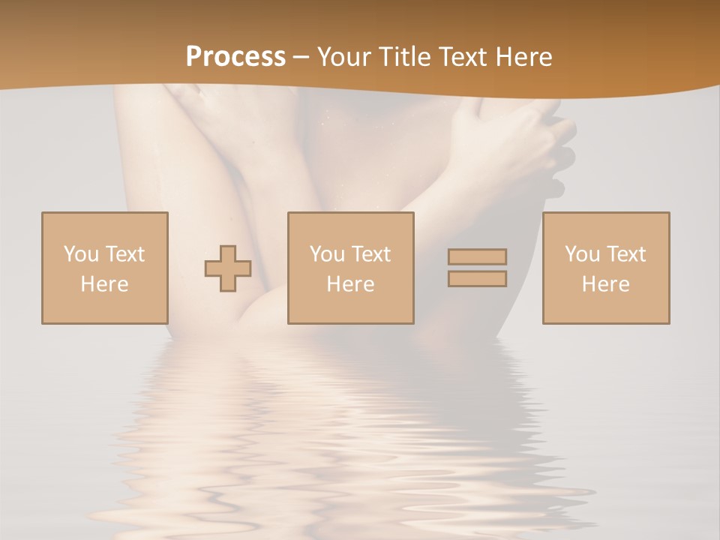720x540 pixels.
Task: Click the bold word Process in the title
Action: pyautogui.click(x=235, y=57)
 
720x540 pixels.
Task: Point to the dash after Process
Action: pyautogui.click(x=301, y=58)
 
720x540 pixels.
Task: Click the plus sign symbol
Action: pyautogui.click(x=228, y=268)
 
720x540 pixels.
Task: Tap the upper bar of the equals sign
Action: pyautogui.click(x=477, y=256)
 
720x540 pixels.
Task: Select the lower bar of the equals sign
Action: pyautogui.click(x=477, y=278)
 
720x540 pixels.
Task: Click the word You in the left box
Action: pyautogui.click(x=81, y=254)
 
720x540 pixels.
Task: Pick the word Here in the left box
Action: pyautogui.click(x=104, y=284)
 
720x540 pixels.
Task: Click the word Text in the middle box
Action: pyautogui.click(x=370, y=254)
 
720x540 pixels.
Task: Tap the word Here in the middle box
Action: pyautogui.click(x=350, y=284)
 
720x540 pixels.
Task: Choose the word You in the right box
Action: pyautogui.click(x=582, y=254)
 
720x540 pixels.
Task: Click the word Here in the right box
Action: pyautogui.click(x=605, y=284)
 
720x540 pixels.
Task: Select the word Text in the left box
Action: pyautogui.click(x=124, y=254)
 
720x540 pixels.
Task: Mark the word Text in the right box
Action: pyautogui.click(x=625, y=254)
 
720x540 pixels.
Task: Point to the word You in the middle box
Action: pyautogui.click(x=327, y=254)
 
